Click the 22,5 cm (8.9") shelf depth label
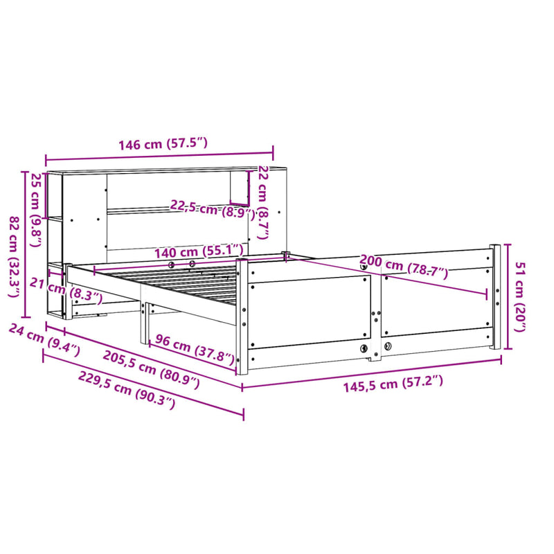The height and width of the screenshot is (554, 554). click(208, 208)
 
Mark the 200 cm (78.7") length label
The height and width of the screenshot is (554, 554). click(404, 267)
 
